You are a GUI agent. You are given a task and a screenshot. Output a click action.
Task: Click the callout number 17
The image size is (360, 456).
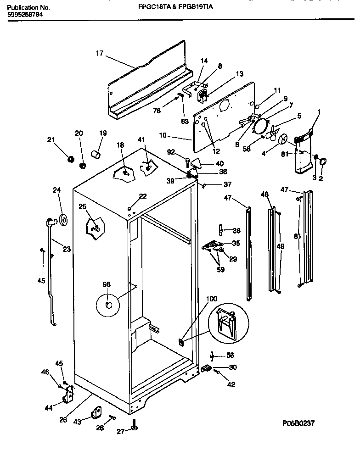tap(99, 53)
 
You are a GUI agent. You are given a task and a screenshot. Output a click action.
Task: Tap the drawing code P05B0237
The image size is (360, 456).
tap(297, 423)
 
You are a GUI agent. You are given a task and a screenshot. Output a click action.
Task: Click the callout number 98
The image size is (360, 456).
tap(107, 285)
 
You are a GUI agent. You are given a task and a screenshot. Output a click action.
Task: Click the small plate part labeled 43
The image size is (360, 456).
tap(97, 413)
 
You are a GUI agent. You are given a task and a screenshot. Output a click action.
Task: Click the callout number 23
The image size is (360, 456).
tap(67, 250)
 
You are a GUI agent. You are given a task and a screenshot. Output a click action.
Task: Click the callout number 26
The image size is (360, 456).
tap(63, 418)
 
